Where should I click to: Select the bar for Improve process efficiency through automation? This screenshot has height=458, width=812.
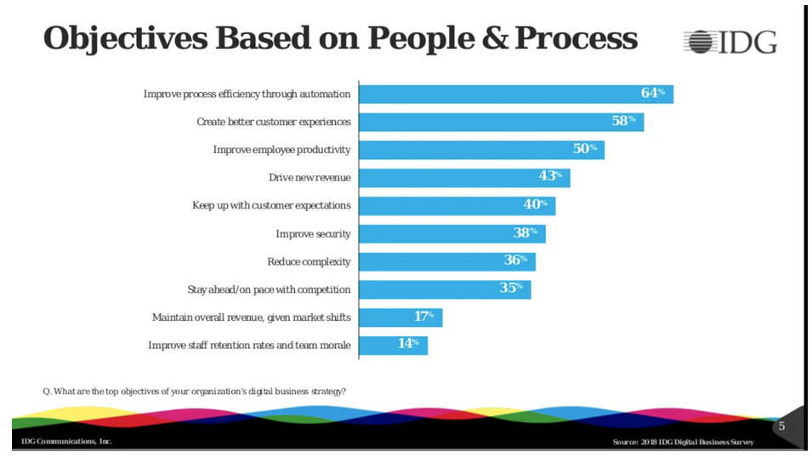515,94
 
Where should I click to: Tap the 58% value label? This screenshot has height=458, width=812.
624,121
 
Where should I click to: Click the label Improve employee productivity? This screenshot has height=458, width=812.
281,150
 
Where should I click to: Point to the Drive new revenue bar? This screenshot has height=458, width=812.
464,178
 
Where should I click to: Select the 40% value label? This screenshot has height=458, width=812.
535,204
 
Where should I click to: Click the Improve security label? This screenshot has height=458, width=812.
313,233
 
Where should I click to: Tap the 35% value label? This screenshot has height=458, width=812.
511,288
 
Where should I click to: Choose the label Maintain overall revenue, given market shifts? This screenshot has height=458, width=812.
251,318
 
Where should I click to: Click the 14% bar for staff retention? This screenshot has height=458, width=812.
393,345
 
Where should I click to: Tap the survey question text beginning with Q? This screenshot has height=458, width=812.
195,391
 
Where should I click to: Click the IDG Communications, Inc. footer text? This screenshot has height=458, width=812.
67,442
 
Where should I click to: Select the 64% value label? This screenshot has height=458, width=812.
653,93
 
